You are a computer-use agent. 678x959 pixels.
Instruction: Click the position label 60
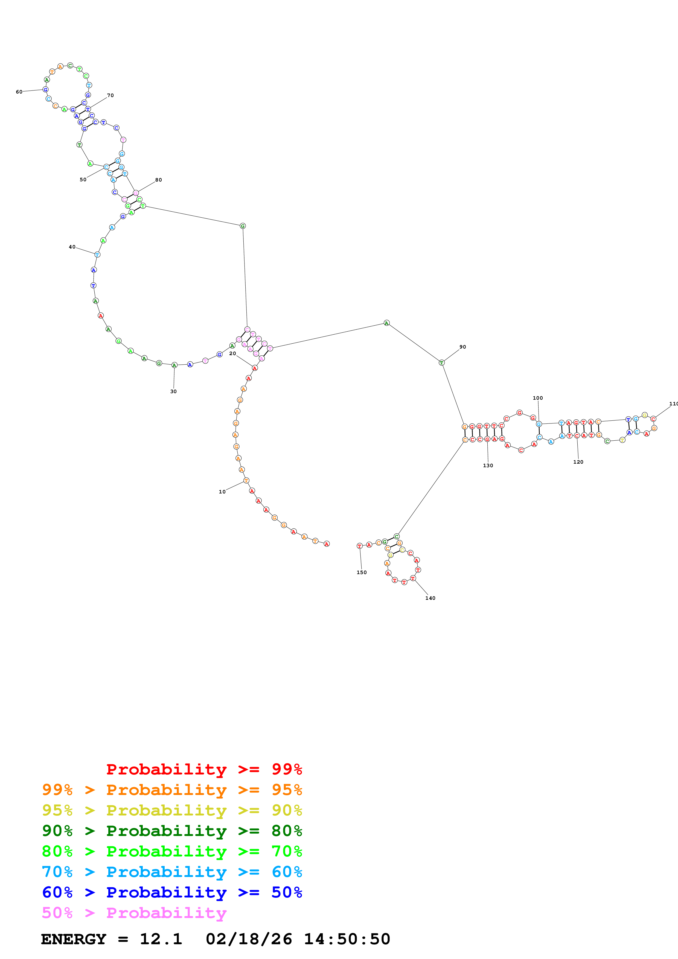[19, 92]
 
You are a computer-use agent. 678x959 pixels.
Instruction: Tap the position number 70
[110, 96]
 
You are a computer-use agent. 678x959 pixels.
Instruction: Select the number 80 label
[158, 180]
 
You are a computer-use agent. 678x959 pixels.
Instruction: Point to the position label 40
[72, 247]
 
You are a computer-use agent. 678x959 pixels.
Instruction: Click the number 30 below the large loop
[173, 391]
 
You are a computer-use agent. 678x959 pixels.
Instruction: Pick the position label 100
[538, 398]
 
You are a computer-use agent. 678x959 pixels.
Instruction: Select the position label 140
[430, 598]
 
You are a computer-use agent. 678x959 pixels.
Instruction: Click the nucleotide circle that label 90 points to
[441, 362]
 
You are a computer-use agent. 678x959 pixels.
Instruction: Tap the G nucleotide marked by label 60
[45, 89]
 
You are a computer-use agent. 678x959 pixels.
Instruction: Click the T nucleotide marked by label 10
[246, 480]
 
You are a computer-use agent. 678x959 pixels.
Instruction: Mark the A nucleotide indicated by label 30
[174, 365]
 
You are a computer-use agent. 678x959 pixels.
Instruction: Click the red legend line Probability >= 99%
[204, 769]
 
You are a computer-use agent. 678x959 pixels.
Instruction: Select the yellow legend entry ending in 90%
[172, 810]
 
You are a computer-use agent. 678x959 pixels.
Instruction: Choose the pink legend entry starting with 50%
[134, 913]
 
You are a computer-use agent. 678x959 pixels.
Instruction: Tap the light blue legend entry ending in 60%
[172, 872]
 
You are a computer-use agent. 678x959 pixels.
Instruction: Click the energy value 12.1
[161, 939]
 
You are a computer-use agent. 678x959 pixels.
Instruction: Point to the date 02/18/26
[249, 939]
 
